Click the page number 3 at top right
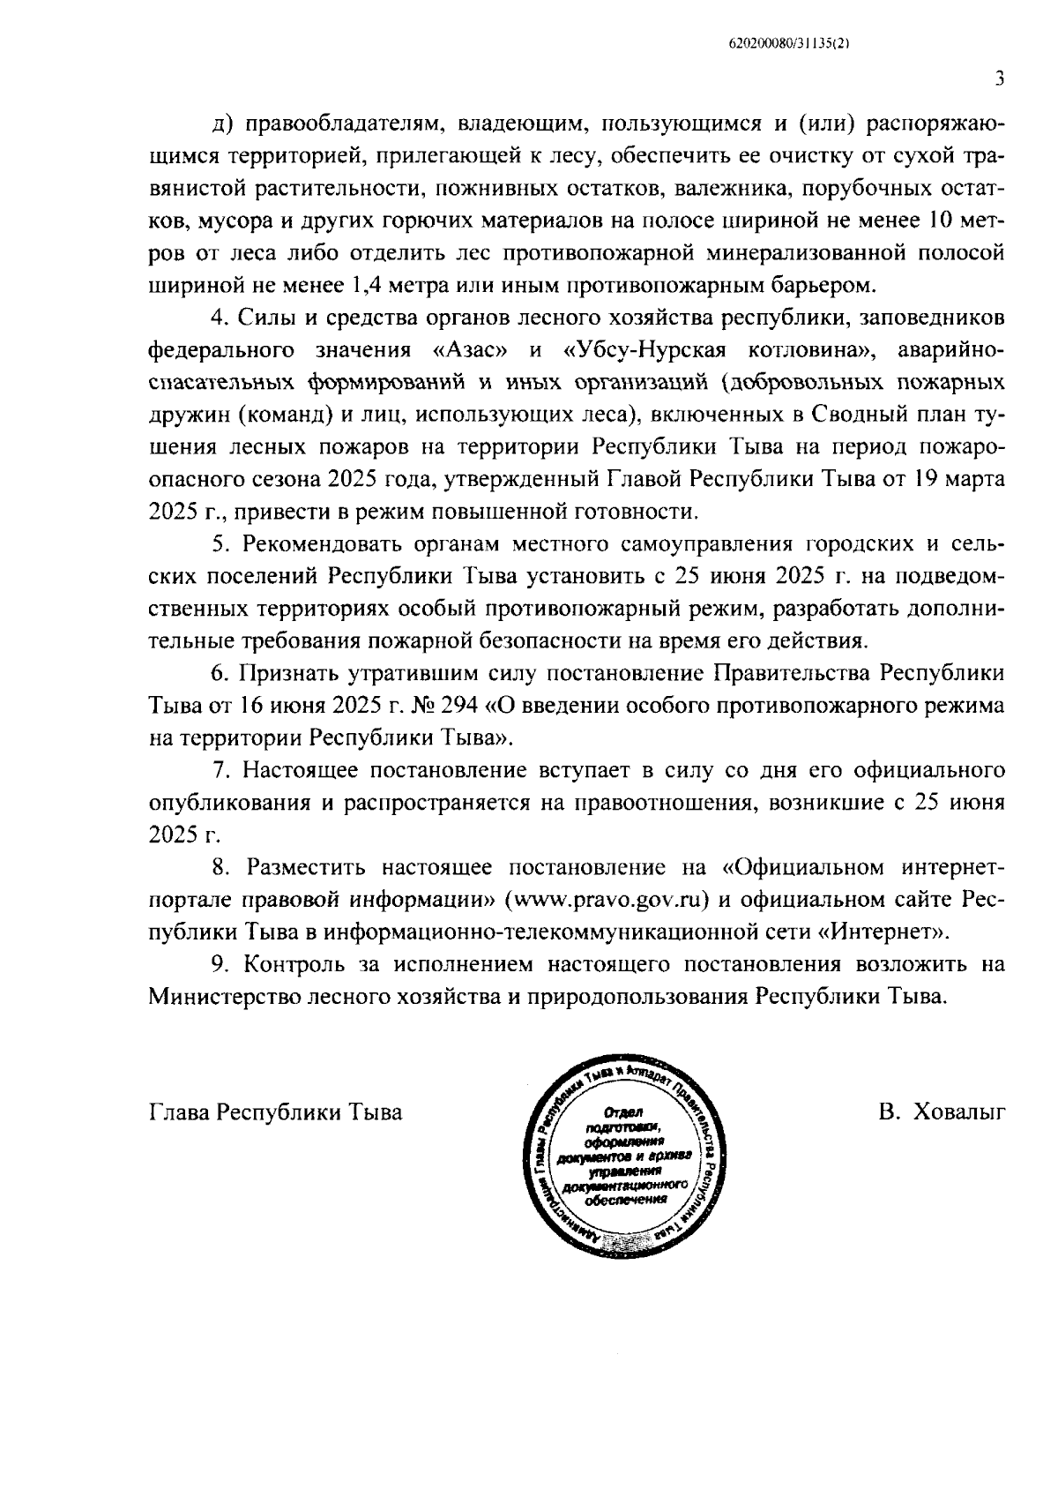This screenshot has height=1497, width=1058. [x=999, y=79]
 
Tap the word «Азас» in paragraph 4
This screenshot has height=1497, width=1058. [x=471, y=350]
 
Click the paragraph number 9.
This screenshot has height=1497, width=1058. [x=220, y=964]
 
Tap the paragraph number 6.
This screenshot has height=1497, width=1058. [x=220, y=673]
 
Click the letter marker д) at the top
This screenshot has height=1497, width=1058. [x=221, y=124]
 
